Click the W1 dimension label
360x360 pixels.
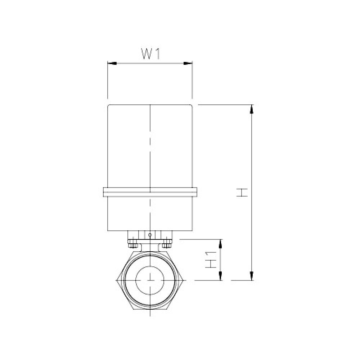coord(150,54)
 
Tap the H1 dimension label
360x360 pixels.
coord(211,259)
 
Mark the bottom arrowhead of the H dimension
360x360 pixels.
coord(252,276)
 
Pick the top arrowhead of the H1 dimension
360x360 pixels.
coord(221,243)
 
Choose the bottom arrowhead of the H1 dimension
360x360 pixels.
coord(221,276)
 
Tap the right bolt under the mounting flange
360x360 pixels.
coord(166,245)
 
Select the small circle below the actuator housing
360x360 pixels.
coord(150,235)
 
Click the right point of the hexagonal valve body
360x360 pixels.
coord(184,280)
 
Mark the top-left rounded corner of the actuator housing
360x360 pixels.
coord(109,106)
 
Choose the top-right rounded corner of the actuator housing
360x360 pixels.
coord(191,106)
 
